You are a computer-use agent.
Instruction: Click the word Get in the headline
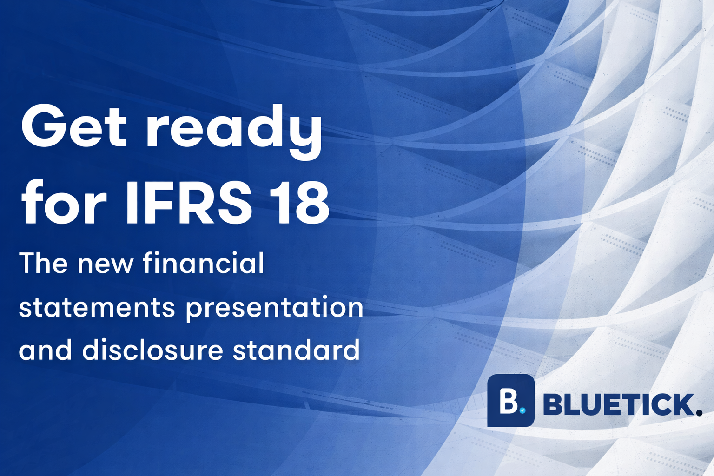pyautogui.click(x=73, y=126)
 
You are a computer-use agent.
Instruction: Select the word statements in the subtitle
pyautogui.click(x=97, y=308)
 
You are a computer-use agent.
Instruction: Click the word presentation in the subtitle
pyautogui.click(x=274, y=309)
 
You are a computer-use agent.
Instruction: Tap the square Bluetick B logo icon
pyautogui.click(x=511, y=401)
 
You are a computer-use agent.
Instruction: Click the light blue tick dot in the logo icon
pyautogui.click(x=522, y=410)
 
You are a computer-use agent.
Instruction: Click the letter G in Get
pyautogui.click(x=42, y=126)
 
